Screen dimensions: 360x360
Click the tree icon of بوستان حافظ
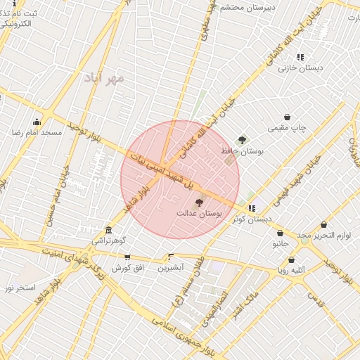243,140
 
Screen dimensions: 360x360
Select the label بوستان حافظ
241,151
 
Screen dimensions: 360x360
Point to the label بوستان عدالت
198,212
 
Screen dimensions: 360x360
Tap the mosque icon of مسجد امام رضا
37,122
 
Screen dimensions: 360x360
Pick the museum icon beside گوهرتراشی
108,230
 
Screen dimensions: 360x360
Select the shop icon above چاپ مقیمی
287,117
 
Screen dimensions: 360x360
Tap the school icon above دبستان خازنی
300,57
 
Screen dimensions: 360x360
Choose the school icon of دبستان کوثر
252,208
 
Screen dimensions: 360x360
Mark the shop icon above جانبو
281,233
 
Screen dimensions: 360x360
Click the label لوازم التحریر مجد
323,235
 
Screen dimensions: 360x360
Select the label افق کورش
127,268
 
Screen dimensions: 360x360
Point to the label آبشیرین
171,267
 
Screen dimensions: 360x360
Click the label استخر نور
20,288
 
